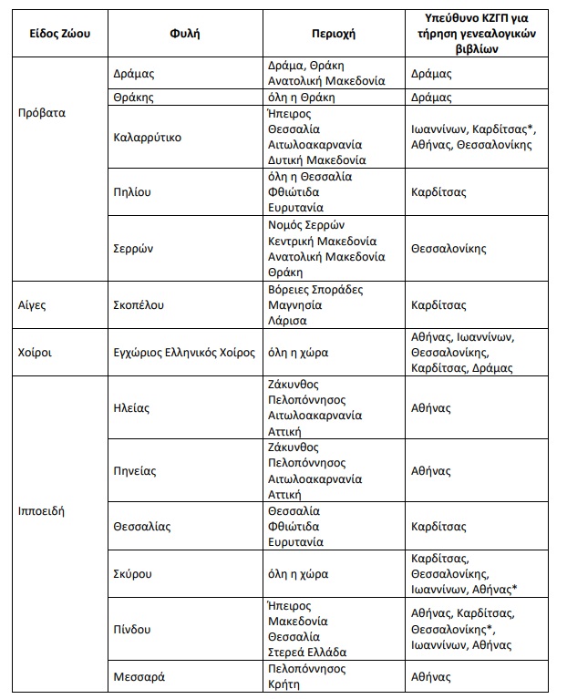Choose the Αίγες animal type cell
tap(32, 304)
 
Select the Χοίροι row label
tap(36, 352)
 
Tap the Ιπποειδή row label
tap(42, 510)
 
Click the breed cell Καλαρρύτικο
tap(148, 138)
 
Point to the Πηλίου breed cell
tap(132, 192)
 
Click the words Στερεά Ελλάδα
tap(310, 653)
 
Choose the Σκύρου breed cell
tap(132, 574)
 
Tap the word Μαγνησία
tap(298, 305)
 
